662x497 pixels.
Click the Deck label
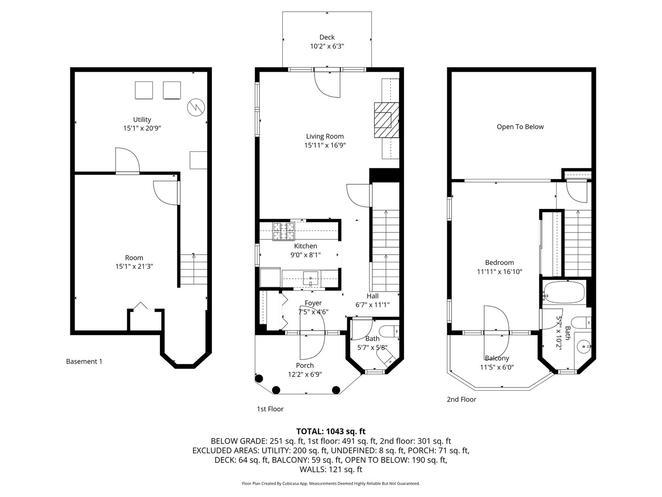tap(327, 37)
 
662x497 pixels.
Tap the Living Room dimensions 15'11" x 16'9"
tap(325, 145)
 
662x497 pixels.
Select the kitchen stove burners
tap(284, 231)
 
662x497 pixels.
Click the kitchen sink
tap(311, 278)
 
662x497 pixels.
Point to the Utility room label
tap(142, 120)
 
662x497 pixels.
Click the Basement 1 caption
tap(84, 362)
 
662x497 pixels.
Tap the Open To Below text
tap(520, 127)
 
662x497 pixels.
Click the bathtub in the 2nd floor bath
tap(564, 292)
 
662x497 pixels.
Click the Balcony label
tap(497, 358)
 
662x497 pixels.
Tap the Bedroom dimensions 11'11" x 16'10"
tap(499, 272)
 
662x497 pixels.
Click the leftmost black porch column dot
tap(259, 378)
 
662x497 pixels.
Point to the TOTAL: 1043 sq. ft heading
tap(331, 431)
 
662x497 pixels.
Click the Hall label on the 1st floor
tap(373, 296)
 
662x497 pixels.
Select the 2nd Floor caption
tap(462, 399)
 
